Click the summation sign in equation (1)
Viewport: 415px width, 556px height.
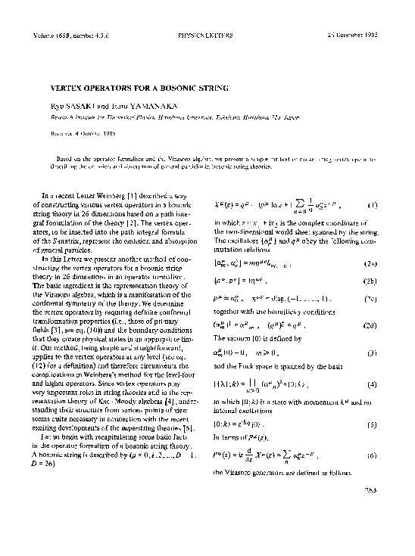coord(308,203)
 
